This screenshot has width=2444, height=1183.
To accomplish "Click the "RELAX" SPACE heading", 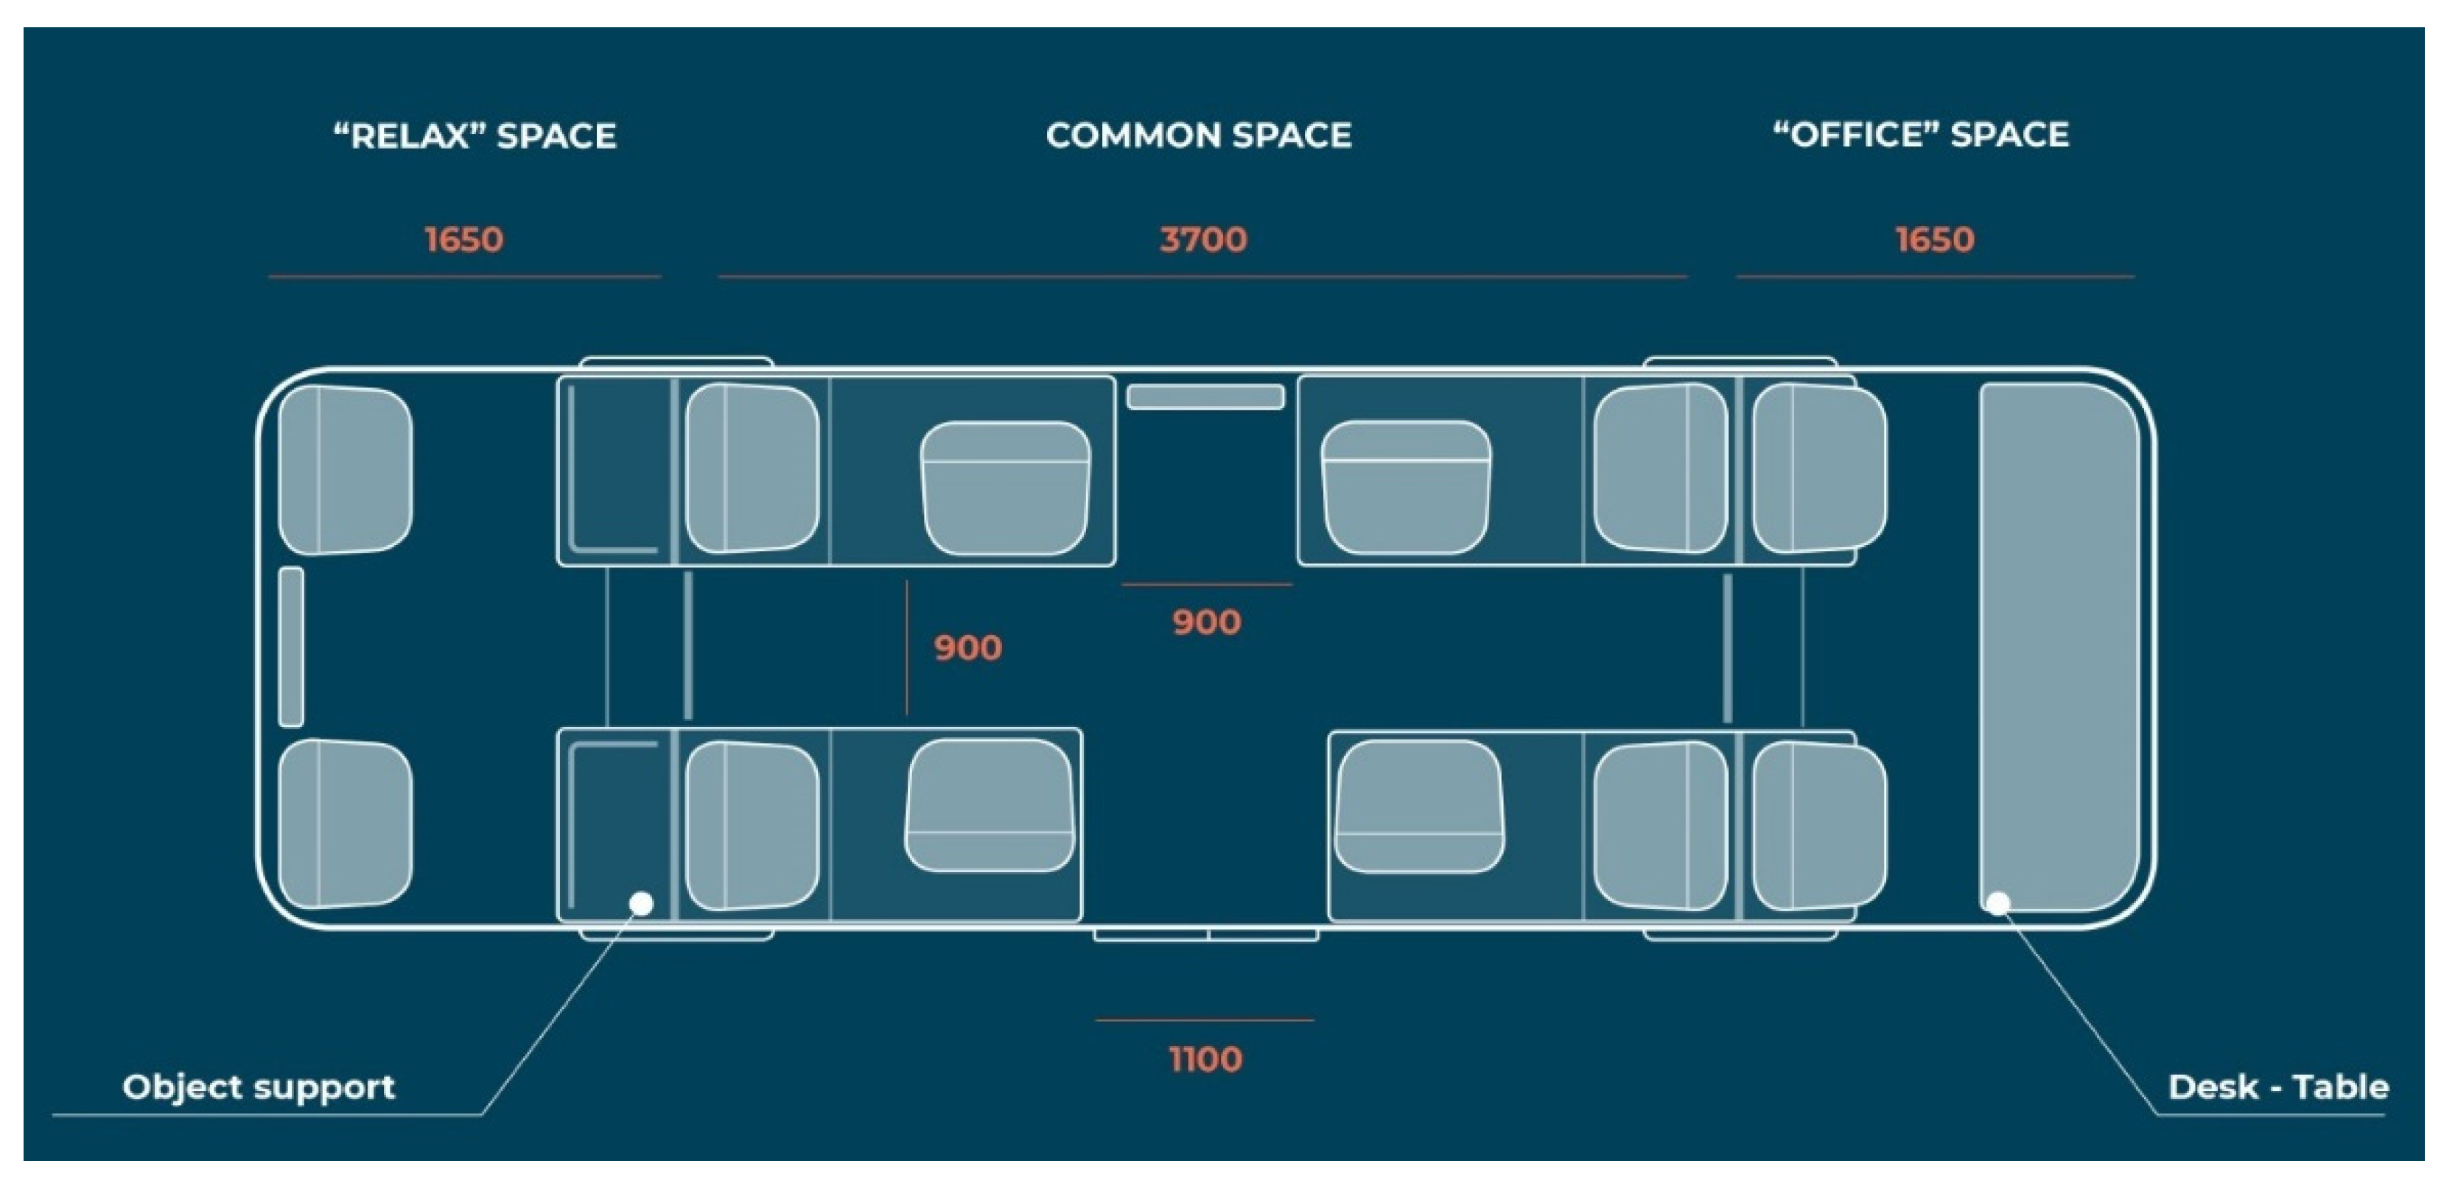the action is point(475,136).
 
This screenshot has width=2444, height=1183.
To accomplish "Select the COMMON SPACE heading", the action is point(1198,136).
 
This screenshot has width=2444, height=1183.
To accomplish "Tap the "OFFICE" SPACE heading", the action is point(1922,135).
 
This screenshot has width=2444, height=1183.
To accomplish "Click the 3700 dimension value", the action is point(1203,239).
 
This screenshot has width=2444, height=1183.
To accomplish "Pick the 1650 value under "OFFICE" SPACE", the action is point(1935,239).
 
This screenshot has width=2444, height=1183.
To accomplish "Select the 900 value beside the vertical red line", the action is point(967,648).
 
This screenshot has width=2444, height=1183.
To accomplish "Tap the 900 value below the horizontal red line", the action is point(1206,622).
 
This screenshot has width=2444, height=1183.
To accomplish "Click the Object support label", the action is point(258,1087).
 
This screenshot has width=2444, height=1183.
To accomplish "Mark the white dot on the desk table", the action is point(1998,903).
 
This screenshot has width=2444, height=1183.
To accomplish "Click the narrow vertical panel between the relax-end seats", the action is point(291,647).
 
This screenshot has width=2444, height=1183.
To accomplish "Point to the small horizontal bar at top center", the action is point(1205,396).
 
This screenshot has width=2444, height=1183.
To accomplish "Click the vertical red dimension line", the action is point(906,648).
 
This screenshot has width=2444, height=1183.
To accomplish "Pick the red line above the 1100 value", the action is point(1204,1019).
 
